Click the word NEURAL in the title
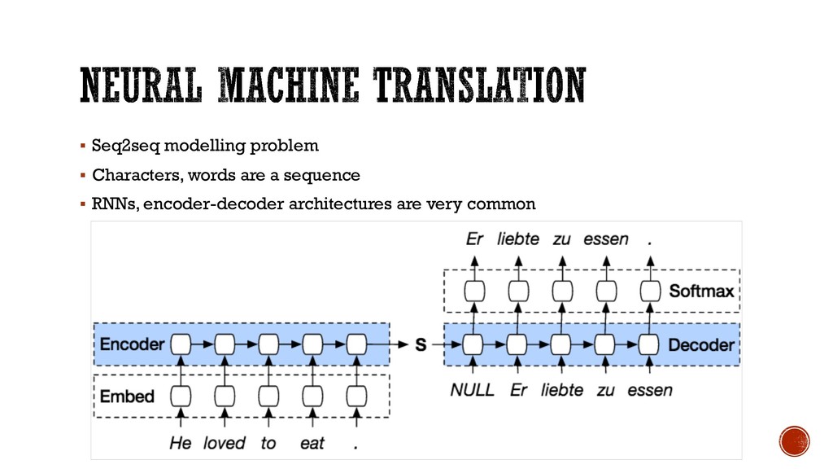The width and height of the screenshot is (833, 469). click(x=135, y=86)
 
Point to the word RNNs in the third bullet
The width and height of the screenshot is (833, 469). click(x=114, y=204)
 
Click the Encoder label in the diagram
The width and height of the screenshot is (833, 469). click(x=133, y=344)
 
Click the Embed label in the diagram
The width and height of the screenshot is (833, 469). click(x=127, y=397)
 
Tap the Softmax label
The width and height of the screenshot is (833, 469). click(x=701, y=291)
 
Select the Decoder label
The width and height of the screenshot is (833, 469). click(x=700, y=344)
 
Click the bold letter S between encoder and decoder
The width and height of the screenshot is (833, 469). click(x=421, y=345)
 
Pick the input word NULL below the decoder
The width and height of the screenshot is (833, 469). click(x=473, y=390)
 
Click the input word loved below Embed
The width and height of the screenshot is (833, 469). click(x=224, y=443)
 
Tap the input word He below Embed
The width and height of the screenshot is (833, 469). click(x=181, y=443)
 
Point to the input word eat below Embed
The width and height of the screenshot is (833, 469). click(x=312, y=443)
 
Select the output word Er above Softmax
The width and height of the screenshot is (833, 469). click(x=474, y=239)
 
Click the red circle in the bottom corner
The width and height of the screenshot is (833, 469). click(x=794, y=441)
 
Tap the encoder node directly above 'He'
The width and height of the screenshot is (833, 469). click(x=181, y=344)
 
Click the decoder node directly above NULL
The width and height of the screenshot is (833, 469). click(x=473, y=344)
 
